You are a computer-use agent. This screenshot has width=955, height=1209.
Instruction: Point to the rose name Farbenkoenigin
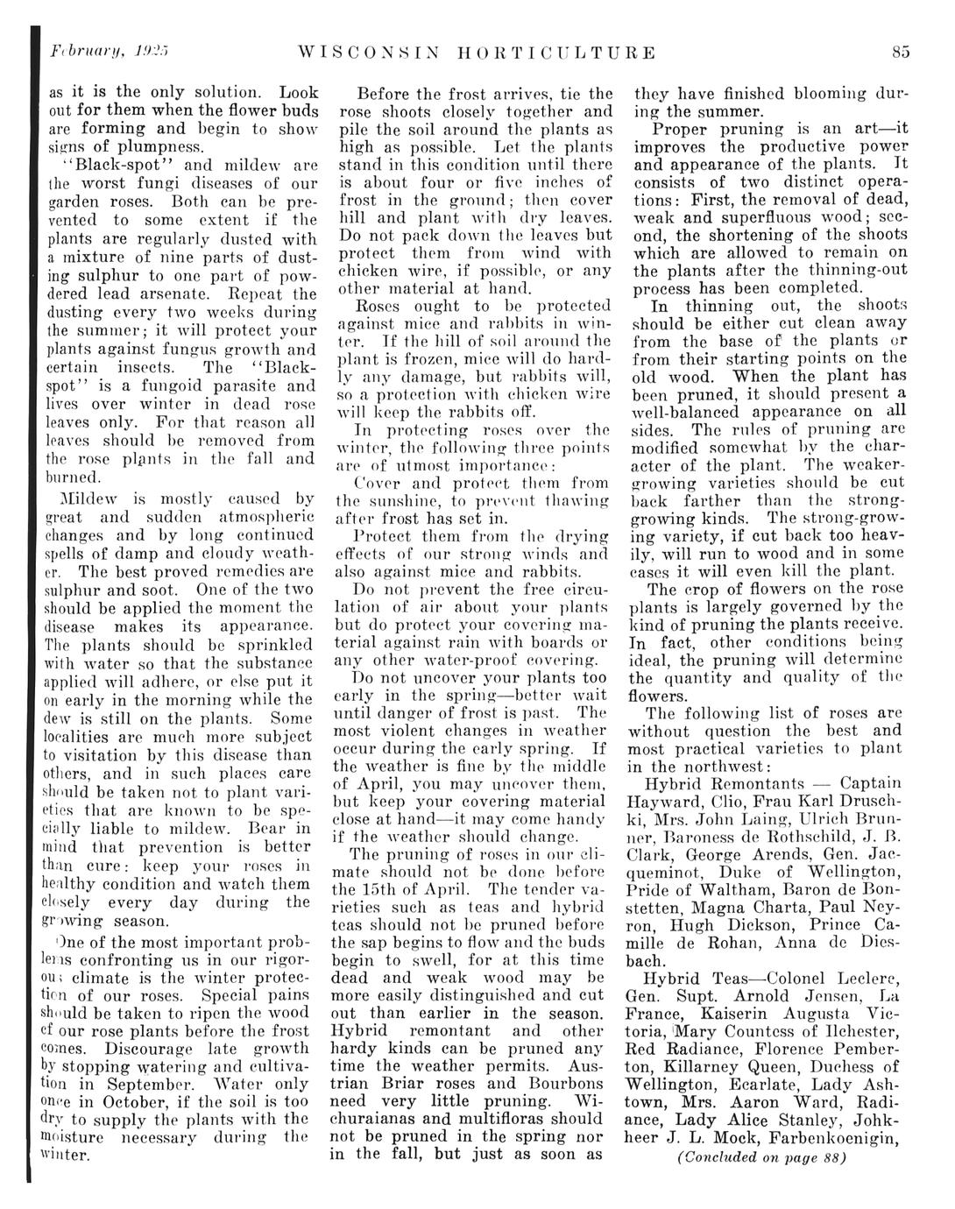846,1138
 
